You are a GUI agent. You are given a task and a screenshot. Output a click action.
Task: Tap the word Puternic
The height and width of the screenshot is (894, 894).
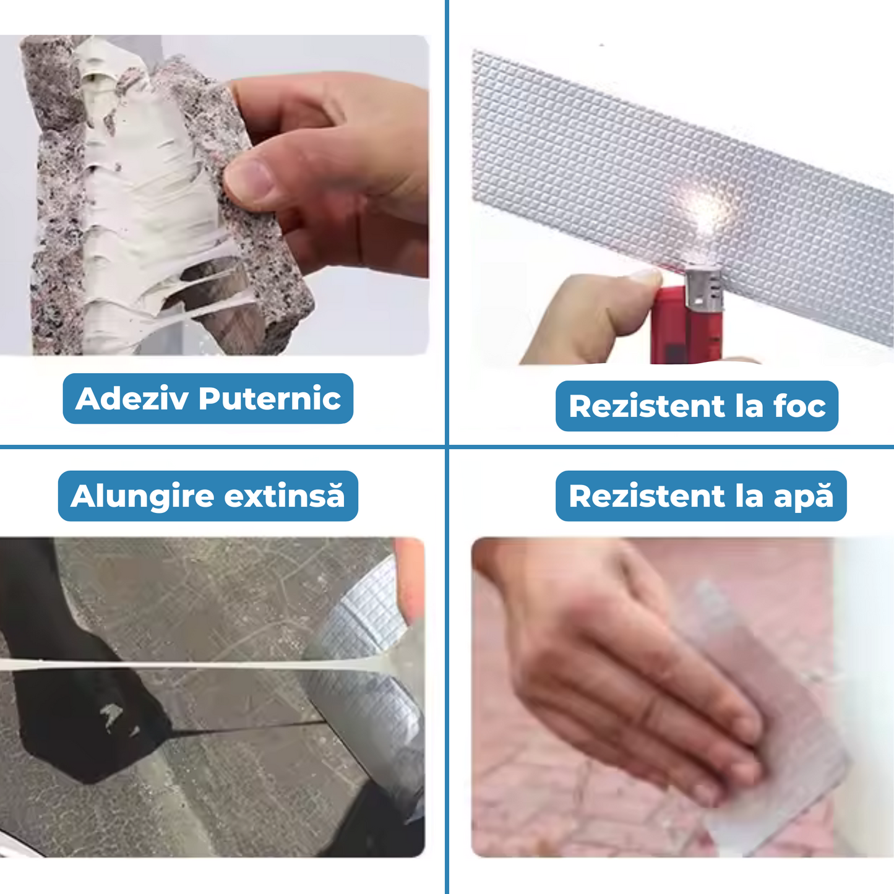point(270,398)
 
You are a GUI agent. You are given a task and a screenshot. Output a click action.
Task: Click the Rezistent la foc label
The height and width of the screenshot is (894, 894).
point(697,406)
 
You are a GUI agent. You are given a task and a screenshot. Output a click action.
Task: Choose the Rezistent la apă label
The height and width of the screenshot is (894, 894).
point(701,496)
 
